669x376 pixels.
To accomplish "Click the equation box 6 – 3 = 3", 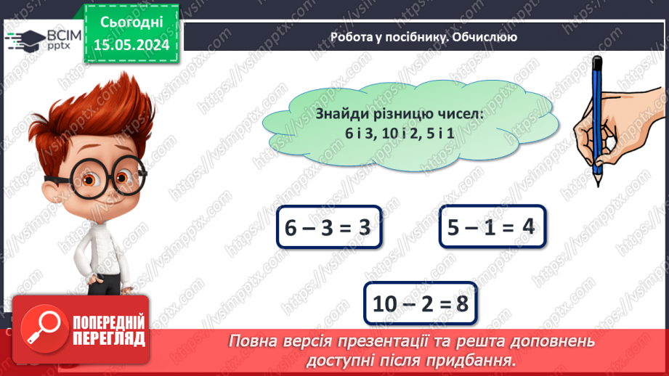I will coord(329,229).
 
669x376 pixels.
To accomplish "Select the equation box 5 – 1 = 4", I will coord(492,227).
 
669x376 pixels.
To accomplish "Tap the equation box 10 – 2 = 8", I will coord(421,303).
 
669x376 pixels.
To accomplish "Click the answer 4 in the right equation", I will coord(528,227).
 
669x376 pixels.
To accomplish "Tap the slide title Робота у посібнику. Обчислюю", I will coord(423,37).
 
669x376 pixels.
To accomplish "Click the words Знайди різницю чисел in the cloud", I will coord(400,114).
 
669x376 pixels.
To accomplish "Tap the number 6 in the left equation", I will coord(292,229).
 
